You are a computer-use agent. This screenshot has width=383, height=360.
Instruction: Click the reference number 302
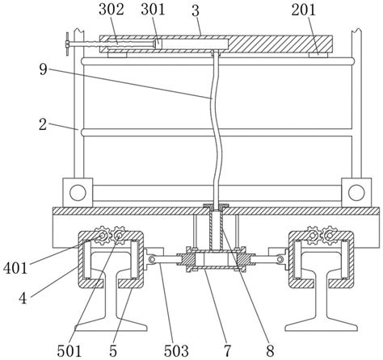pyautogui.click(x=111, y=10)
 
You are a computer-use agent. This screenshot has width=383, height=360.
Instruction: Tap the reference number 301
pyautogui.click(x=153, y=10)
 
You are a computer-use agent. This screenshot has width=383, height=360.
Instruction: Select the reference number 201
pyautogui.click(x=303, y=10)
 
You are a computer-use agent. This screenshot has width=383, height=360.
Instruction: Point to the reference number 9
pyautogui.click(x=43, y=69)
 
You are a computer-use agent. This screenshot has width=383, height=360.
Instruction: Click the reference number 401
pyautogui.click(x=15, y=268)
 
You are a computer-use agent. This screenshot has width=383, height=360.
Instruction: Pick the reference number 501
pyautogui.click(x=69, y=351)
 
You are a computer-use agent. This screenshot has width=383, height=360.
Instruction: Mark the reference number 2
pyautogui.click(x=43, y=125)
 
